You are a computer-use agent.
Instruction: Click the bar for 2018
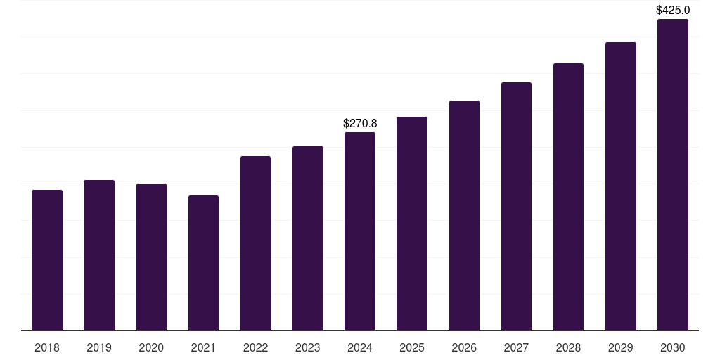pyautogui.click(x=47, y=260)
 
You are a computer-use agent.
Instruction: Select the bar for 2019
pyautogui.click(x=99, y=255)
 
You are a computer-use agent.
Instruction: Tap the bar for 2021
pyautogui.click(x=203, y=263)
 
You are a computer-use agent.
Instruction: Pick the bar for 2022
pyautogui.click(x=255, y=243)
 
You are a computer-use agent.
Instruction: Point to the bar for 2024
pyautogui.click(x=360, y=231)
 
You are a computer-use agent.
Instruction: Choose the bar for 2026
pyautogui.click(x=464, y=215)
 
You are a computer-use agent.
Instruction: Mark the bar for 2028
pyautogui.click(x=568, y=197)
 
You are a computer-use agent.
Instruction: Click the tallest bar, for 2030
pyautogui.click(x=673, y=174)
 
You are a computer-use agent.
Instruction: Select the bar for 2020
pyautogui.click(x=151, y=257)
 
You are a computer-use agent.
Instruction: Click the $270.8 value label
pyautogui.click(x=360, y=123)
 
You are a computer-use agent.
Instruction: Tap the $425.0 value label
pyautogui.click(x=673, y=10)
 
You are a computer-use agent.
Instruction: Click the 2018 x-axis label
pyautogui.click(x=47, y=347)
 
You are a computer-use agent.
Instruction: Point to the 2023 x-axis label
pyautogui.click(x=308, y=347)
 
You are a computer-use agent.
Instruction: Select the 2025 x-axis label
pyautogui.click(x=412, y=347)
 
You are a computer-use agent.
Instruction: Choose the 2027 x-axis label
pyautogui.click(x=516, y=347)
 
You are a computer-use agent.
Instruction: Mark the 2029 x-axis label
pyautogui.click(x=621, y=347)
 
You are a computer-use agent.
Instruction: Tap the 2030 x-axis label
pyautogui.click(x=673, y=347)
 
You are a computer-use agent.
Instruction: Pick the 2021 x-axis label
pyautogui.click(x=203, y=347)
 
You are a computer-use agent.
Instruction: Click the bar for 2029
pyautogui.click(x=621, y=186)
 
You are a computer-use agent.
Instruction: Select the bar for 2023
pyautogui.click(x=308, y=238)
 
